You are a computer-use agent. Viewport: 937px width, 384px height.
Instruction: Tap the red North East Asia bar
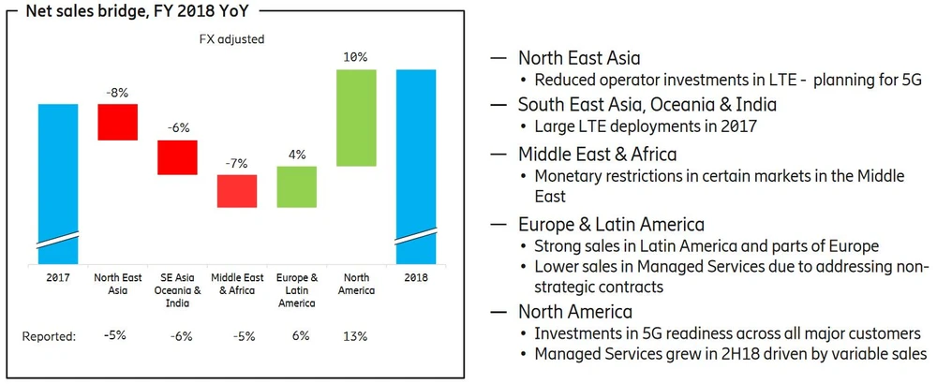[x=118, y=122]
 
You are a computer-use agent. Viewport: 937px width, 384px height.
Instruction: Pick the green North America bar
[x=356, y=118]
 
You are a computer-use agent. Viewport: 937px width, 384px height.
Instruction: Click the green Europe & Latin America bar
[x=296, y=186]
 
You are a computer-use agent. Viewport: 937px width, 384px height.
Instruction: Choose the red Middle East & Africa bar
[x=237, y=191]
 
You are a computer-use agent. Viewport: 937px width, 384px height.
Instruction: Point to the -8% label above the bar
[x=118, y=94]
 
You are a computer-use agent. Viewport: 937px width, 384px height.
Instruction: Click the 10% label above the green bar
[x=356, y=58]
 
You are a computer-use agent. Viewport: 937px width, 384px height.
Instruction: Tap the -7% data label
[x=236, y=163]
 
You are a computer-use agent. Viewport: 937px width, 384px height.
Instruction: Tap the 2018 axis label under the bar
[x=415, y=278]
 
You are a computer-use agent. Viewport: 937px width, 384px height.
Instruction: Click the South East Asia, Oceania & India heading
[x=647, y=104]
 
